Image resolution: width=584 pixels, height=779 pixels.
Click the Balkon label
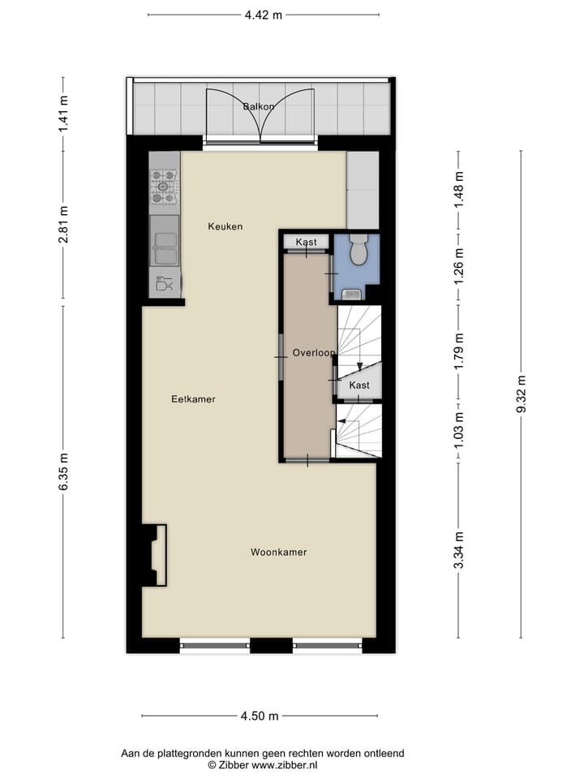click(259, 106)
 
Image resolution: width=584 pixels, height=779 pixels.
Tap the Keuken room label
click(225, 226)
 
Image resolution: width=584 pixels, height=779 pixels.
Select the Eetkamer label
click(193, 399)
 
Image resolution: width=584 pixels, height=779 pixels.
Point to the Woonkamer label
click(278, 553)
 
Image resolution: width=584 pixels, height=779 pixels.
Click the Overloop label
click(314, 353)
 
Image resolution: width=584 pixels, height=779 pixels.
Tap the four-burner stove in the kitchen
click(164, 186)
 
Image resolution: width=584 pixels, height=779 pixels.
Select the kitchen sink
click(165, 241)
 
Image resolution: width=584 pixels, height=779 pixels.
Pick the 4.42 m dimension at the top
click(263, 14)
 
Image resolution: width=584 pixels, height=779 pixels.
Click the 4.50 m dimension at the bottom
click(259, 716)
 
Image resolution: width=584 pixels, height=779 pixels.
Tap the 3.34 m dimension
click(458, 550)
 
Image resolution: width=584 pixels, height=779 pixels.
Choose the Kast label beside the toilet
click(306, 243)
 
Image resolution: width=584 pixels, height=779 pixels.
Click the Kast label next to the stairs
click(359, 385)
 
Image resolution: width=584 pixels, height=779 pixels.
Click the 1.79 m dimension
click(458, 352)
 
